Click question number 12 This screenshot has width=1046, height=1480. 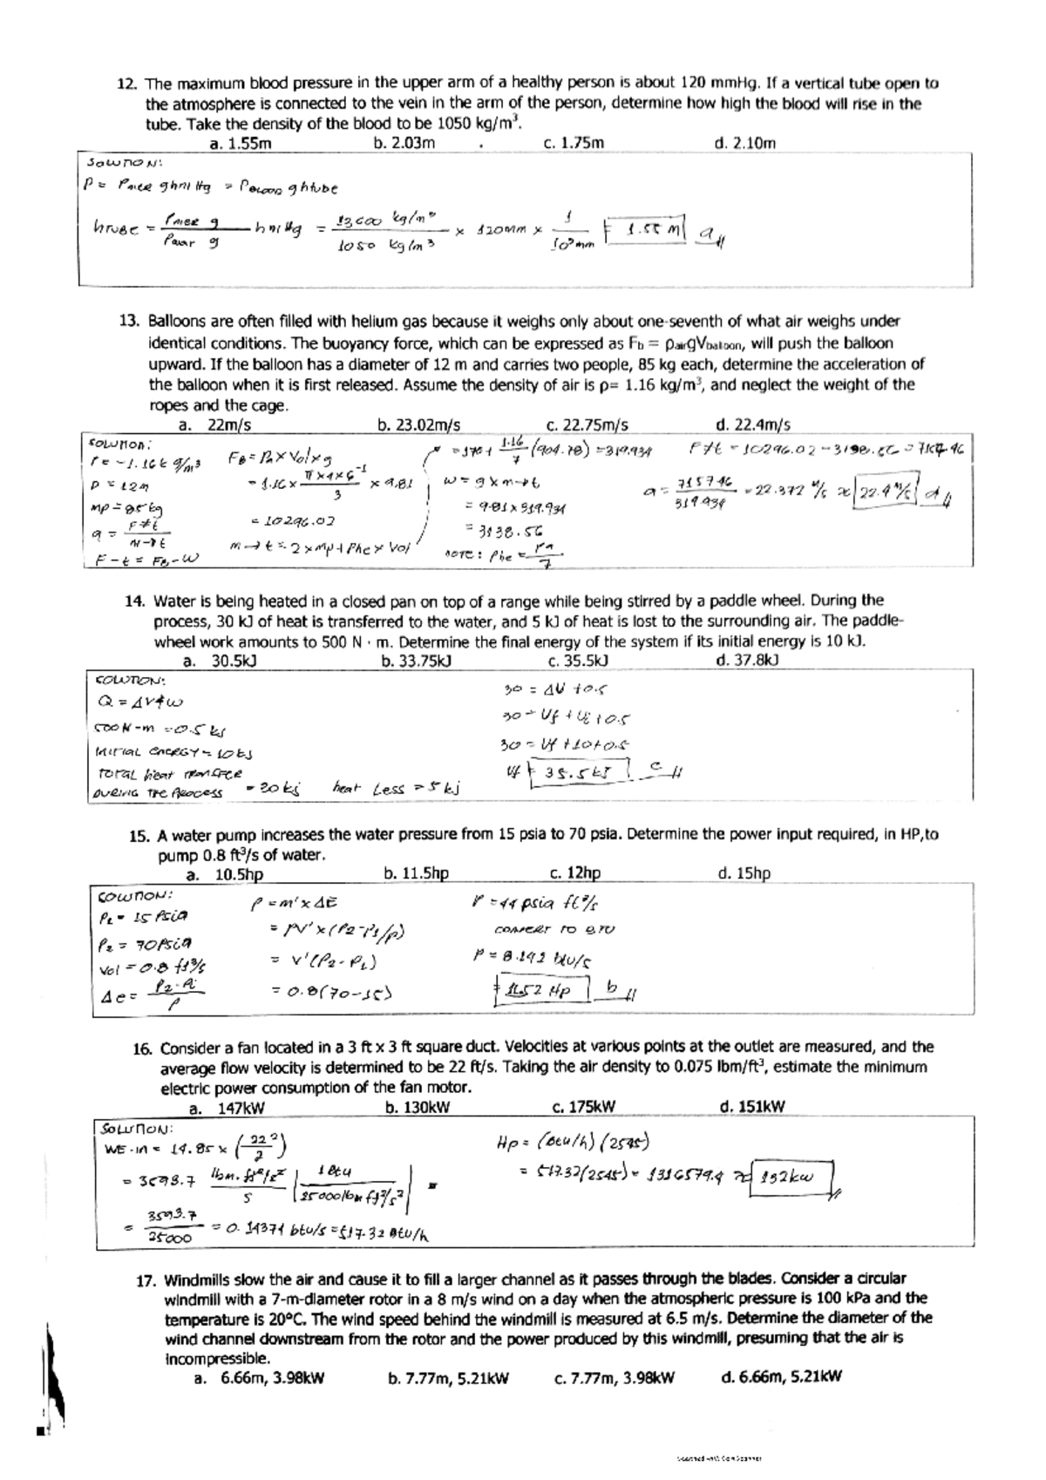click(x=127, y=85)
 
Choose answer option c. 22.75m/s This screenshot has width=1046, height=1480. click(x=586, y=425)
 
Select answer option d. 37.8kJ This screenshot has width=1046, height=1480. click(x=746, y=660)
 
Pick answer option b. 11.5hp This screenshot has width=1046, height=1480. click(x=416, y=872)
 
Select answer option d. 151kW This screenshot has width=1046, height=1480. click(x=752, y=1107)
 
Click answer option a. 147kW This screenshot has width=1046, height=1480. click(x=227, y=1108)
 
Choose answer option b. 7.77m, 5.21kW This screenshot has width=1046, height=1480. click(x=447, y=1378)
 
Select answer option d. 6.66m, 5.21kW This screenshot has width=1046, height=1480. click(x=781, y=1377)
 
